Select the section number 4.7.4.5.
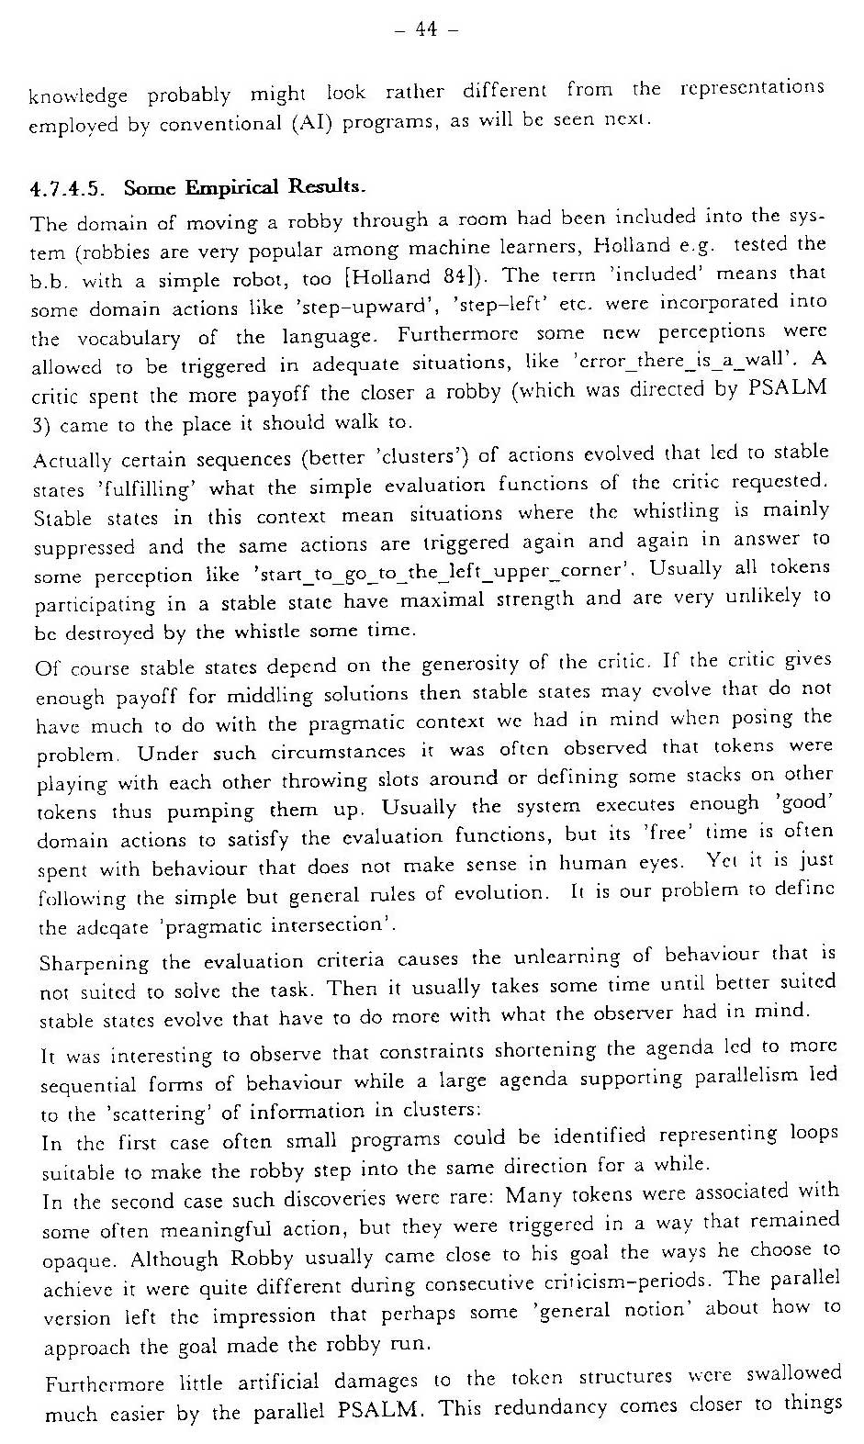pos(67,191)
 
